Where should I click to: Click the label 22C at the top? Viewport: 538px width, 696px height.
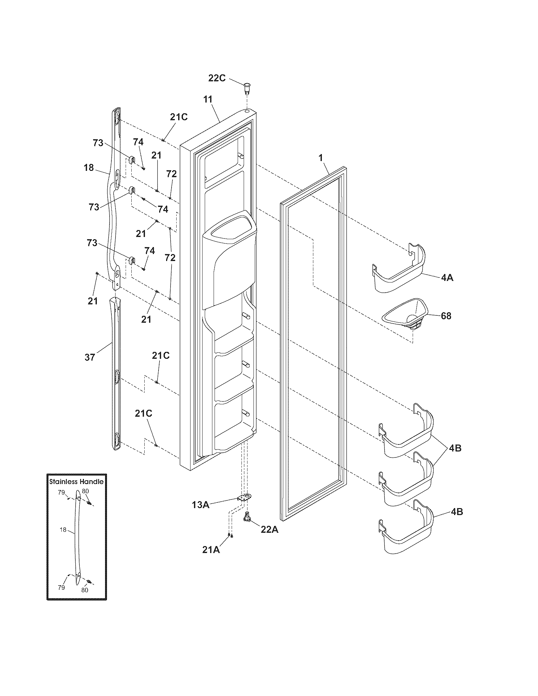pyautogui.click(x=217, y=78)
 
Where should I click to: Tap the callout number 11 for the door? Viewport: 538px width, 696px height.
pyautogui.click(x=208, y=99)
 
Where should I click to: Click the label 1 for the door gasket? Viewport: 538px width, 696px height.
pyautogui.click(x=321, y=157)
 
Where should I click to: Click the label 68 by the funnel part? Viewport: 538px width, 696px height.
pyautogui.click(x=446, y=316)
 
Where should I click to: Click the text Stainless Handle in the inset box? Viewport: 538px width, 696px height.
pyautogui.click(x=77, y=482)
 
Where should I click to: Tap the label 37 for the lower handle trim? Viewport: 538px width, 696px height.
pyautogui.click(x=90, y=357)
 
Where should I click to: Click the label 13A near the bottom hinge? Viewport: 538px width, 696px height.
pyautogui.click(x=200, y=505)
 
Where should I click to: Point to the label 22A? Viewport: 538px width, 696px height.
pyautogui.click(x=270, y=529)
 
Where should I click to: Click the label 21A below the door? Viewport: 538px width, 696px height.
pyautogui.click(x=211, y=550)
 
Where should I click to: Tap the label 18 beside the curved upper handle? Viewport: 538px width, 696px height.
pyautogui.click(x=89, y=167)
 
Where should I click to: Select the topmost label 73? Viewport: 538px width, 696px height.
pyautogui.click(x=98, y=143)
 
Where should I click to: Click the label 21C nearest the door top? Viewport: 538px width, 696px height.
pyautogui.click(x=178, y=117)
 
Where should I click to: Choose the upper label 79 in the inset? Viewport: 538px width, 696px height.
pyautogui.click(x=61, y=492)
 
